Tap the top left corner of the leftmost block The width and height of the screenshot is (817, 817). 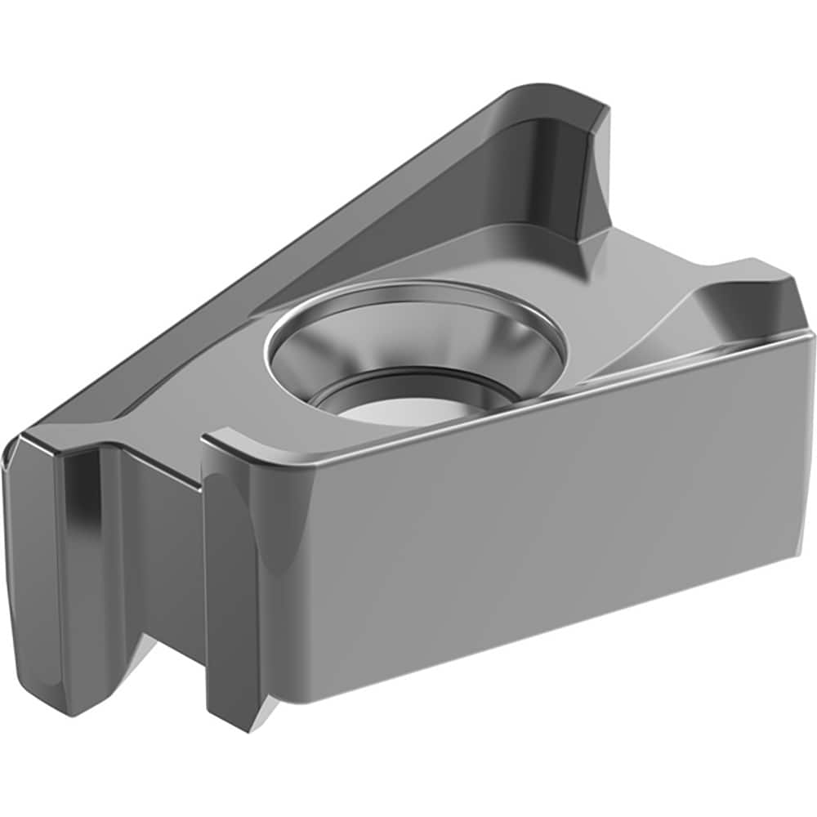(x=20, y=437)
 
